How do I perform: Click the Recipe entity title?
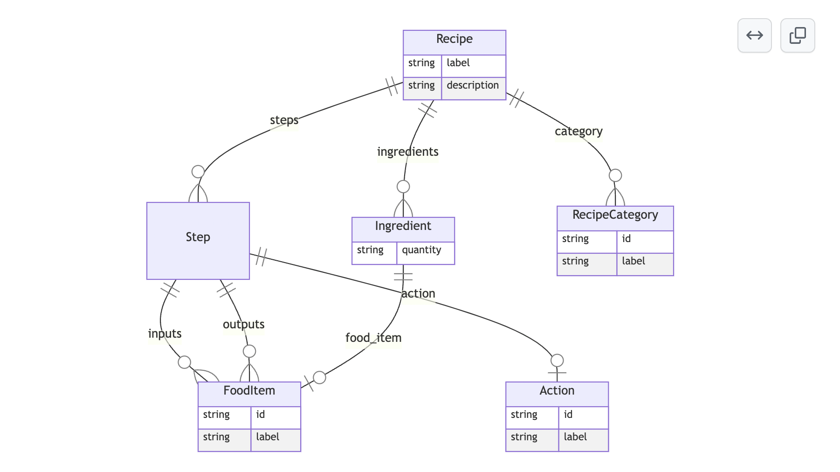pos(454,39)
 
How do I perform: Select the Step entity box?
pos(198,241)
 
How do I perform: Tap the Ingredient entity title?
pos(403,226)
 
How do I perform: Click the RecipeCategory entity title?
pos(615,215)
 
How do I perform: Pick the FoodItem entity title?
pos(249,391)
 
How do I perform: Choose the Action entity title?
pos(557,391)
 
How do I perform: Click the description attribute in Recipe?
pos(473,85)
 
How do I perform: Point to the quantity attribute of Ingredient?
pos(421,250)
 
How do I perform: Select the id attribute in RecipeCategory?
pos(627,239)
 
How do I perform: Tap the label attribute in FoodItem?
pos(268,437)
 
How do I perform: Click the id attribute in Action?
pos(568,415)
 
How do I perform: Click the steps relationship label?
pos(284,120)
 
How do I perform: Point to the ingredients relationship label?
pos(408,152)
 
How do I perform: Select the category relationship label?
pos(578,132)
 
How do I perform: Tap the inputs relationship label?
pos(165,334)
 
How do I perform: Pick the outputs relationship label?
pos(244,325)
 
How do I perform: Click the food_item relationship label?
pos(373,338)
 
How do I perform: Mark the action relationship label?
pos(418,294)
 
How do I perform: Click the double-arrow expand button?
pos(755,35)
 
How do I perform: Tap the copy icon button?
pos(798,35)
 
